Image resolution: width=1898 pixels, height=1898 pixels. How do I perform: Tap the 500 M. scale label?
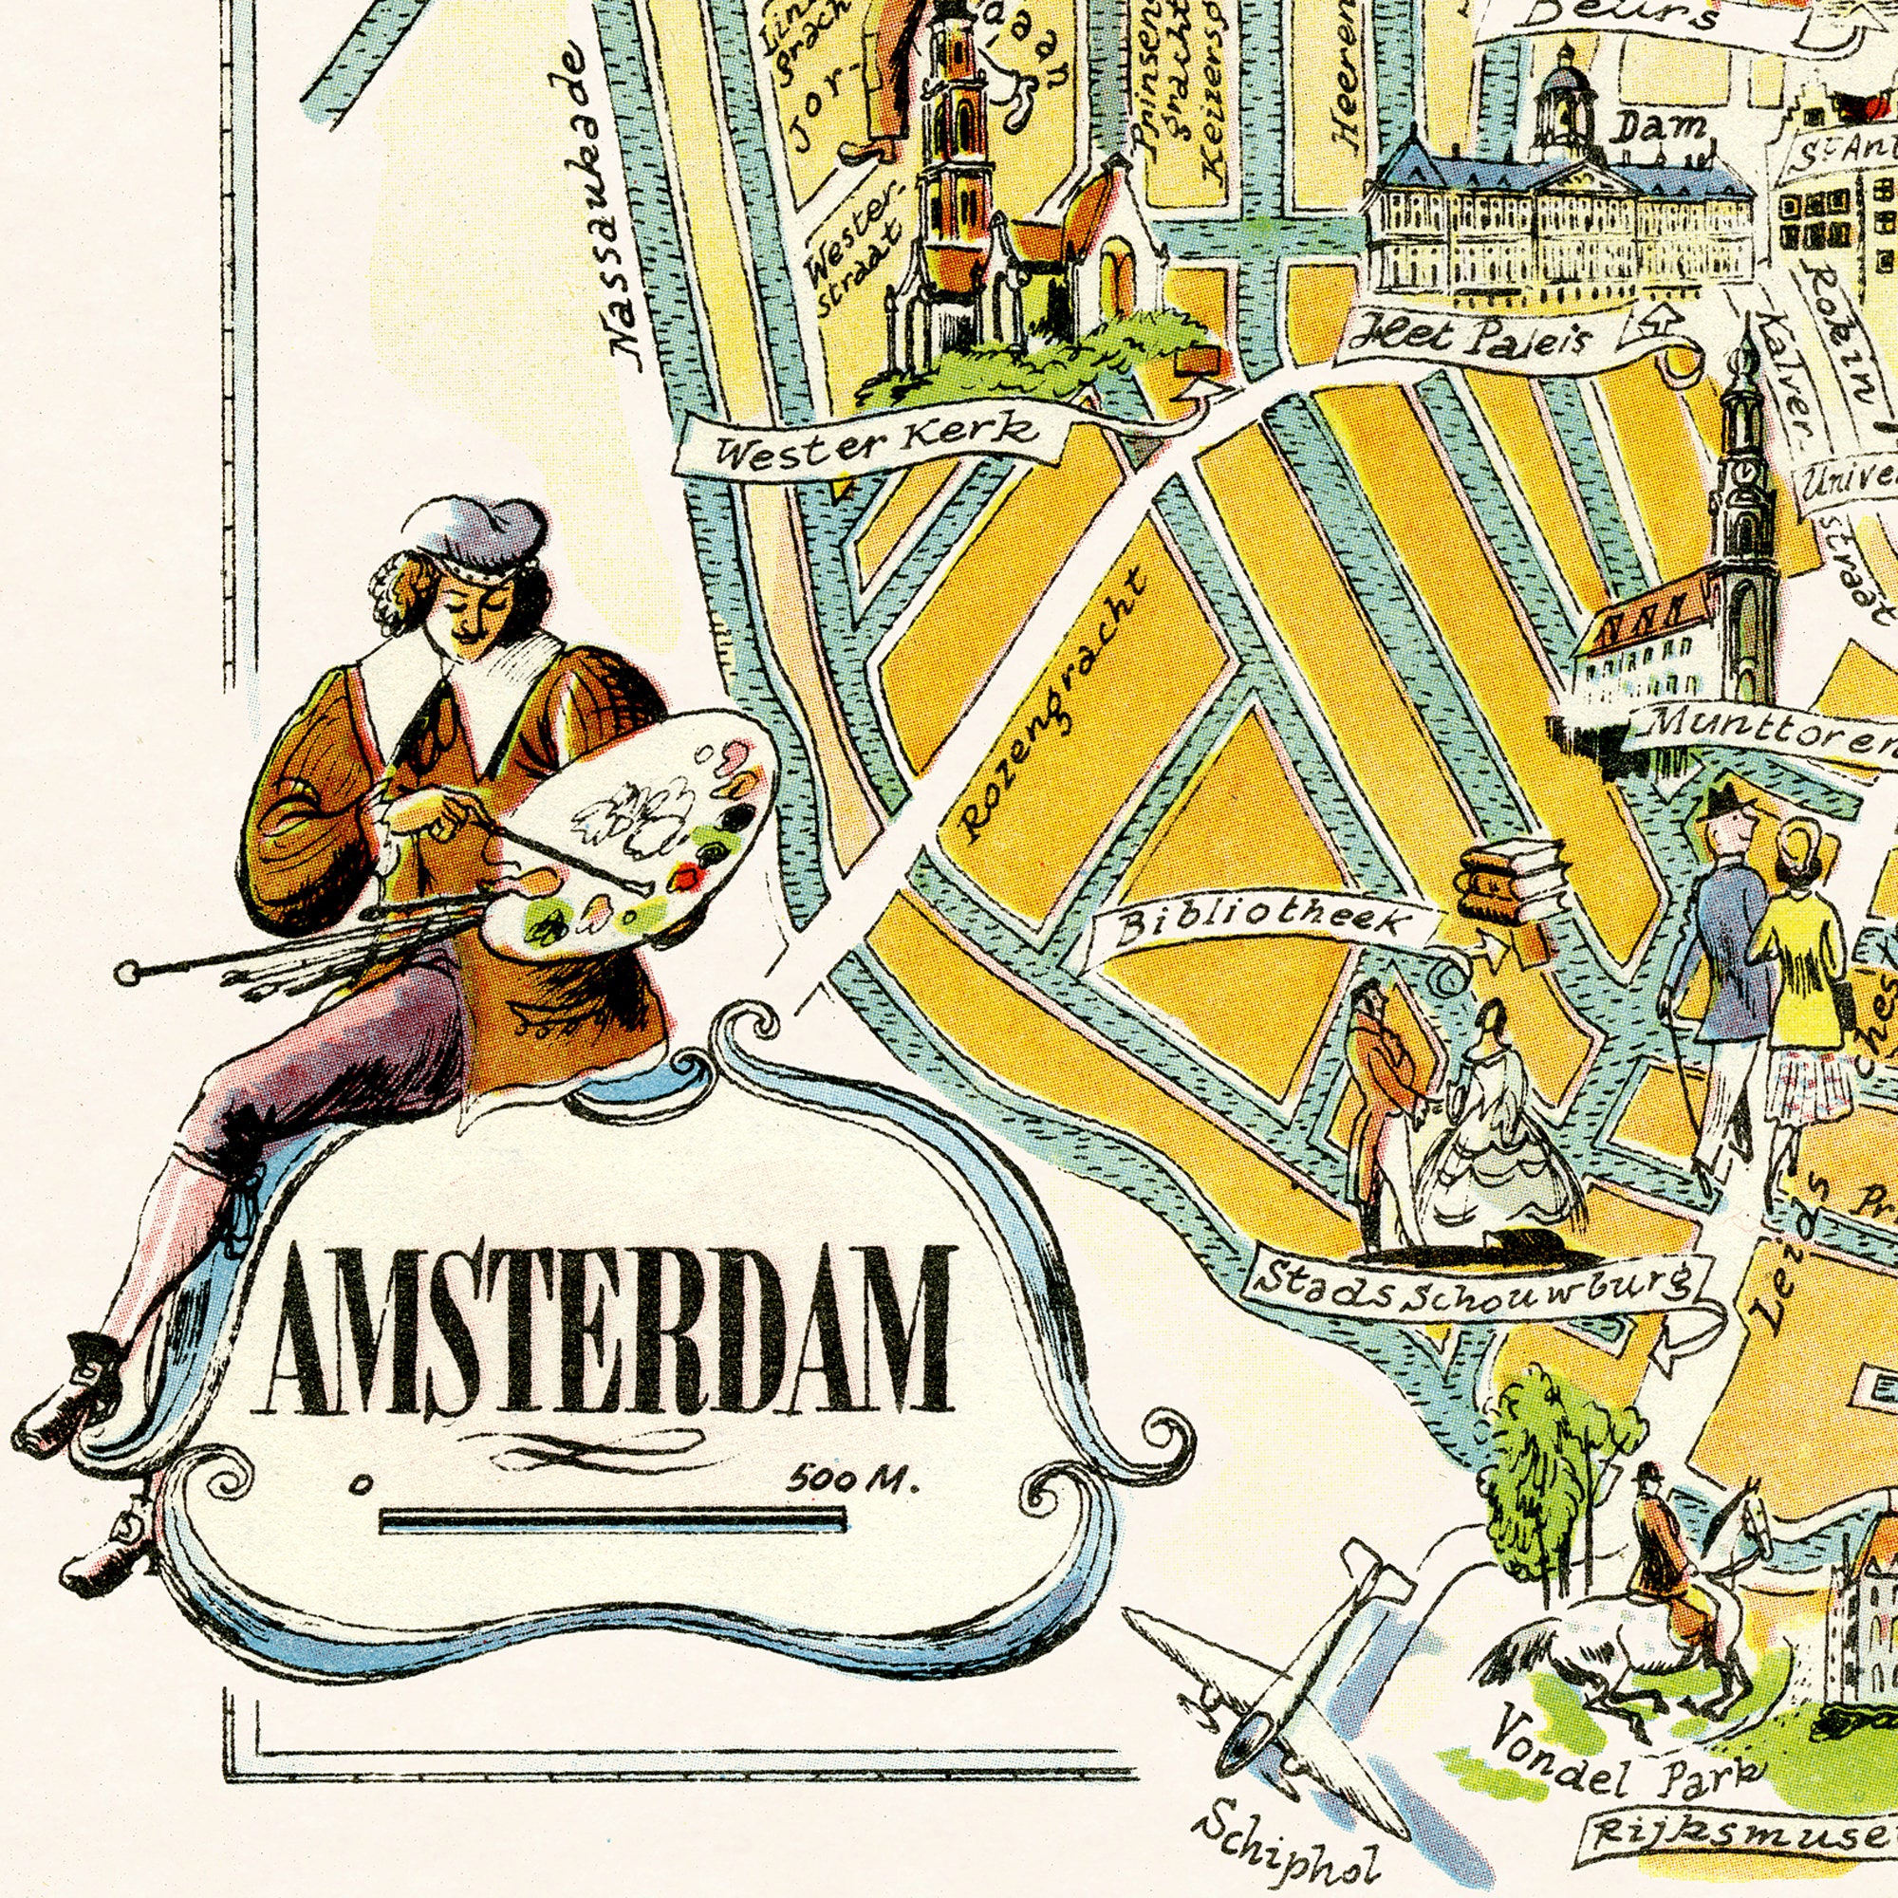coord(853,1479)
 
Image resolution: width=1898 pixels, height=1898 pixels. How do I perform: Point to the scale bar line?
coord(611,1523)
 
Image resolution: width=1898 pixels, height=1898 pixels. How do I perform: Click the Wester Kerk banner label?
coord(874,439)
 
